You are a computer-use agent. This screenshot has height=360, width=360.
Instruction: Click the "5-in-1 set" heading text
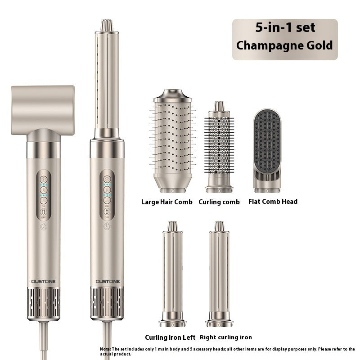click(x=285, y=27)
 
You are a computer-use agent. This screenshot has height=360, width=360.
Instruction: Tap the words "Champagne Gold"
click(x=284, y=45)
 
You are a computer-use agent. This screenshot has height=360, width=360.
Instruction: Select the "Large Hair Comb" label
click(x=166, y=202)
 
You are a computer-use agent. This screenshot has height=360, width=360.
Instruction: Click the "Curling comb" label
click(x=219, y=202)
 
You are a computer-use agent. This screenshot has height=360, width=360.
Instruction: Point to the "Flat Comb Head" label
click(x=273, y=202)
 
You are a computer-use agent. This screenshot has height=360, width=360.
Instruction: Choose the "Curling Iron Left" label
click(x=170, y=337)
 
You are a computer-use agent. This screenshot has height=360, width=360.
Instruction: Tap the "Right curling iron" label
click(x=226, y=337)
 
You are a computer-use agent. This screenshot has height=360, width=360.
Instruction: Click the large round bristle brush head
click(x=173, y=141)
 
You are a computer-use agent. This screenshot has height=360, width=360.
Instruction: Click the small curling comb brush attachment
click(x=219, y=147)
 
